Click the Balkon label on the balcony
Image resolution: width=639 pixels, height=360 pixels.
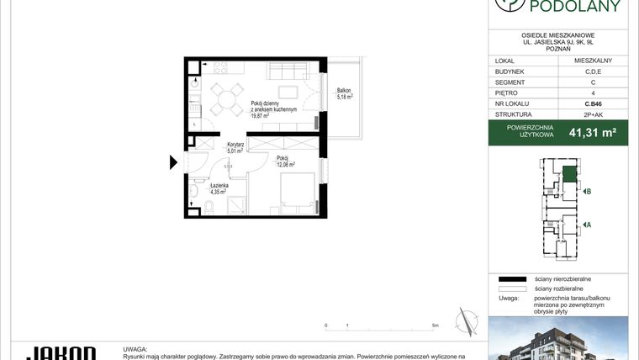pos(344,91)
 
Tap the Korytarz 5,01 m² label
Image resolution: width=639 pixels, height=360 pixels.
pos(235,146)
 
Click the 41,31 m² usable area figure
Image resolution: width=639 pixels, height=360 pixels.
pos(593,132)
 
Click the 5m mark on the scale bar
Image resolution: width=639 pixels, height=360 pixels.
pos(435,325)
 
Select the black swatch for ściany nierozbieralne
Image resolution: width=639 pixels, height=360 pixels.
pos(511,278)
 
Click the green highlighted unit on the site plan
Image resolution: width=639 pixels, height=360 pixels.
pos(569,174)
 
